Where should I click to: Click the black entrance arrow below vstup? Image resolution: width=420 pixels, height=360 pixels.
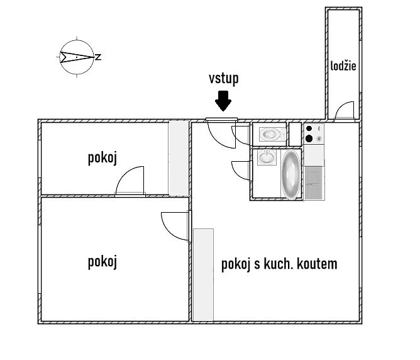pos(223,101)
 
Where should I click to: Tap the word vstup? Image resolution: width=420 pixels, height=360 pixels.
pos(224,79)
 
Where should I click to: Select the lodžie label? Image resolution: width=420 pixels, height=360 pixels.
pos(343,66)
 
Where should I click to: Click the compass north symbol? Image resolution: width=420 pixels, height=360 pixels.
pos(77,57)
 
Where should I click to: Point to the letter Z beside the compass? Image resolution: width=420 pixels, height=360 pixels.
pos(98,57)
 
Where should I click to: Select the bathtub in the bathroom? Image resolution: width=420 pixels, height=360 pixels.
pos(291,174)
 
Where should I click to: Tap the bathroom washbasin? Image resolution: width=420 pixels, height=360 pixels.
pos(267,157)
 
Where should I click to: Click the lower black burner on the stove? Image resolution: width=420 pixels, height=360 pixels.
pos(309,138)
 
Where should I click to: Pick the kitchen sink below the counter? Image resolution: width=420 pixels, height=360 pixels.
pos(314,183)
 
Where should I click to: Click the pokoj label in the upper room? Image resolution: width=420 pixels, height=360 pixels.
pos(102,158)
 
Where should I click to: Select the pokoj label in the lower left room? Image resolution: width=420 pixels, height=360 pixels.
pos(102,262)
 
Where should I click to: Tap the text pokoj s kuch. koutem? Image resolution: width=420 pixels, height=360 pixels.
pos(279,264)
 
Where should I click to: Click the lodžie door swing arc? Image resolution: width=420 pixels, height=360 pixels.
pos(343,105)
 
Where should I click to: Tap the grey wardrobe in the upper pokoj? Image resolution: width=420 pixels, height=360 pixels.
pos(179,158)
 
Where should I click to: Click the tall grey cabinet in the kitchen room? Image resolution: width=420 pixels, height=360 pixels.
pos(203,275)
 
